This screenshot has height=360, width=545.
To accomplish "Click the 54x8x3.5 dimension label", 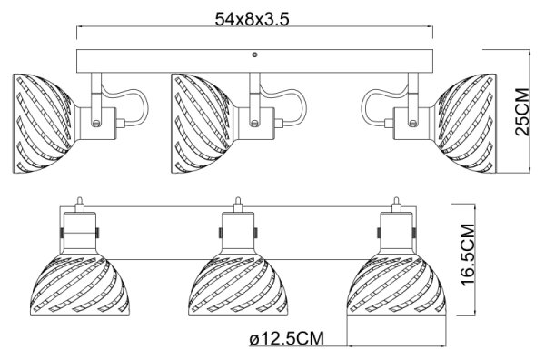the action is click(x=252, y=19).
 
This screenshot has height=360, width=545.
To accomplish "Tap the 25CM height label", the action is click(x=522, y=112).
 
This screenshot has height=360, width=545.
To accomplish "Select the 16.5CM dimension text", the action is click(x=468, y=255).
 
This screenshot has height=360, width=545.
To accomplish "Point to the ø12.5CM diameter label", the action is click(x=287, y=338).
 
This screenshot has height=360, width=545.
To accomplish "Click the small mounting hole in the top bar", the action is click(x=254, y=55).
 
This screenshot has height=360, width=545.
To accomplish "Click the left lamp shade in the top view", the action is click(x=43, y=124).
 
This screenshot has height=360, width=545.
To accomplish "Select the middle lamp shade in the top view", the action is click(x=202, y=124).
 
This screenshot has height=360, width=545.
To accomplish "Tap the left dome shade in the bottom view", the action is click(x=80, y=285).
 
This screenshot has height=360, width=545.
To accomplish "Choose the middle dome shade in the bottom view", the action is click(x=238, y=285).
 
